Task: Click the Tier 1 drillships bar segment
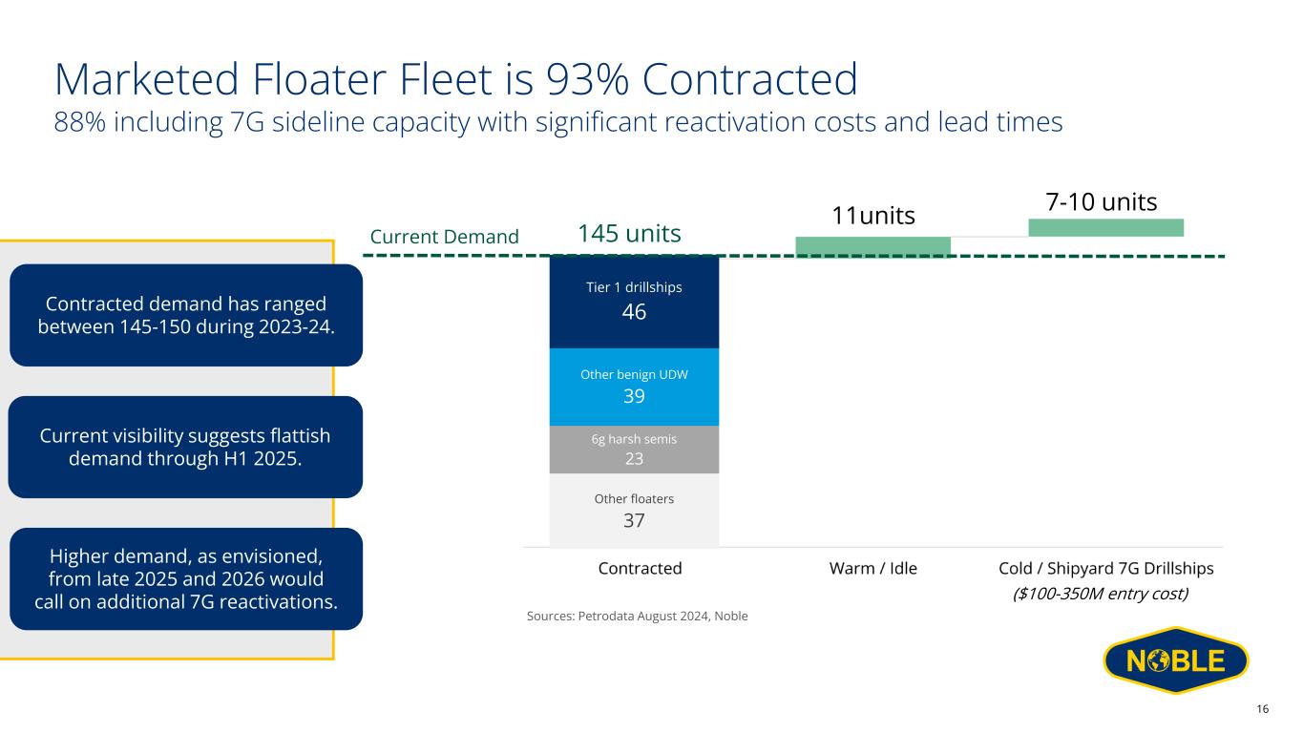[x=634, y=302]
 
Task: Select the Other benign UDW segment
[x=634, y=387]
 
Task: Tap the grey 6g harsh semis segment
[x=634, y=450]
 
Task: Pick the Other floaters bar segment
[x=634, y=511]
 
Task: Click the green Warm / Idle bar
[x=872, y=246]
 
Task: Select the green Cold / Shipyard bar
[x=1105, y=227]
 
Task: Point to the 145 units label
[x=629, y=233]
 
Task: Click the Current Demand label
[x=444, y=237]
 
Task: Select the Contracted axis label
[x=640, y=569]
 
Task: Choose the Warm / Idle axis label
[x=872, y=569]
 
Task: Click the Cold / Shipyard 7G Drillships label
[x=1105, y=569]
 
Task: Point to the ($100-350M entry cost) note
[x=1100, y=594]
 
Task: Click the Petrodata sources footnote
[x=637, y=617]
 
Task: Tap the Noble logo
[x=1175, y=660]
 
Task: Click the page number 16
[x=1262, y=708]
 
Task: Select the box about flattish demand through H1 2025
[x=185, y=447]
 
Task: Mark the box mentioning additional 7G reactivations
[x=185, y=578]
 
